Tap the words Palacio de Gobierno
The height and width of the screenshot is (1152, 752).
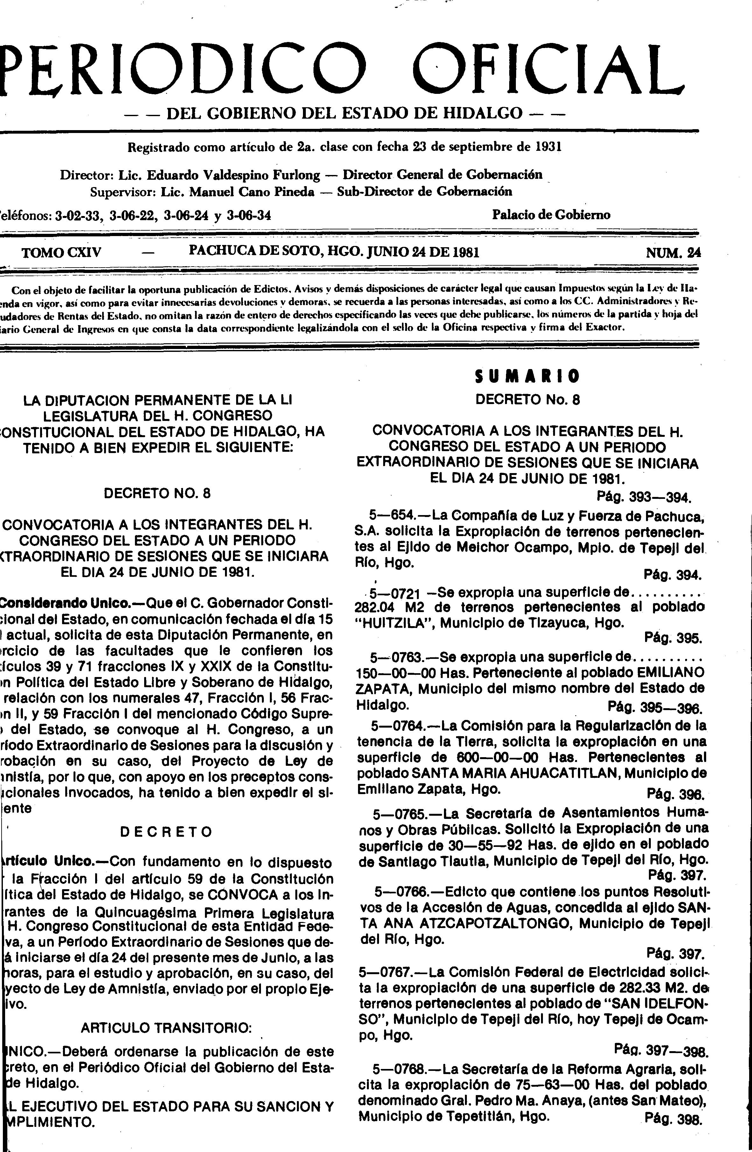551,214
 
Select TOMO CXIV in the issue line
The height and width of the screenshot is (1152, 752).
61,253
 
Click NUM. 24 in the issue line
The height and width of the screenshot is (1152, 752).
673,253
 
